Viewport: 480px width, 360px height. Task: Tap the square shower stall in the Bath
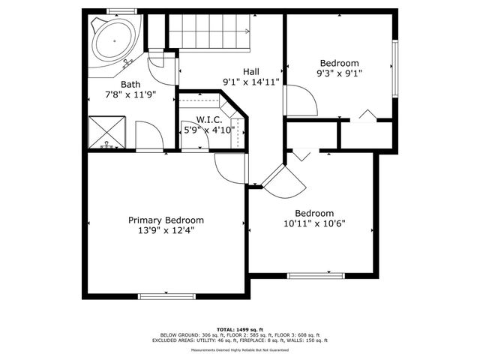tap(107, 133)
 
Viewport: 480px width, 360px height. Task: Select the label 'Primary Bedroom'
tap(166, 220)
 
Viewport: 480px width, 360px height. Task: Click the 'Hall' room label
tap(251, 71)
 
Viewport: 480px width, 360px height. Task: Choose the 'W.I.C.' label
tap(209, 119)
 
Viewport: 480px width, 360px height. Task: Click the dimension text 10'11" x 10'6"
tap(313, 223)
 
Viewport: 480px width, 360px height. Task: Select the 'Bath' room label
tap(130, 85)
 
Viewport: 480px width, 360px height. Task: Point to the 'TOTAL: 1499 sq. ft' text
tap(240, 329)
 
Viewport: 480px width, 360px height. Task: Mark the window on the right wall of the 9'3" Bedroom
tap(394, 67)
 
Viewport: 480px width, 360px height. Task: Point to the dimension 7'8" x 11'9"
tap(130, 95)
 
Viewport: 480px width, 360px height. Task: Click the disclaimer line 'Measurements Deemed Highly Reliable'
tap(240, 349)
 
